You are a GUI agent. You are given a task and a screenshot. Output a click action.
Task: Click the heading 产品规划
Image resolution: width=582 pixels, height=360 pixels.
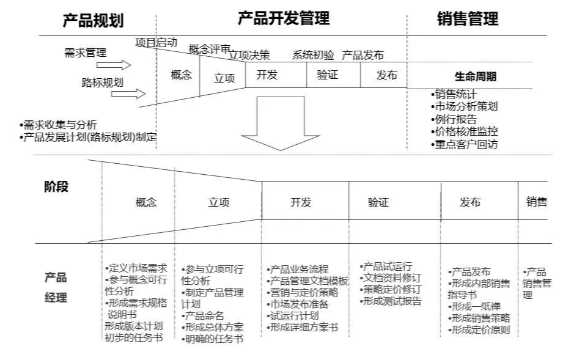click(93, 20)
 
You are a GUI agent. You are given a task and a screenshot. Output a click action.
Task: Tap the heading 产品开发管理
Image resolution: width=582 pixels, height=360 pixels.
click(283, 19)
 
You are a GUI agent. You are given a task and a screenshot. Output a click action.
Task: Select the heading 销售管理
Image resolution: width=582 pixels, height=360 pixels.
click(468, 19)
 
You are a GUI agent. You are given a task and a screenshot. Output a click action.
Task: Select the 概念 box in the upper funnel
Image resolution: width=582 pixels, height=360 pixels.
click(181, 76)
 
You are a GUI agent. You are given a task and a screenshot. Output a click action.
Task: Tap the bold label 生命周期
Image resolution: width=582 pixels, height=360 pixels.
click(475, 77)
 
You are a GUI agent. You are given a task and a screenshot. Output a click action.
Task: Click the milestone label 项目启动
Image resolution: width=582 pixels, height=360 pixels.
click(156, 42)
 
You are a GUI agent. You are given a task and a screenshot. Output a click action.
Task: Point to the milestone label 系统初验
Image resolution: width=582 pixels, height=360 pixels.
click(313, 55)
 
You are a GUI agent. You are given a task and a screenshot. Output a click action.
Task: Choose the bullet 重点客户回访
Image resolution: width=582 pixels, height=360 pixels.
click(464, 144)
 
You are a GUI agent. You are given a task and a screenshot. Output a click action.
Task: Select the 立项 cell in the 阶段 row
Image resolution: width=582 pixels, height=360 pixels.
click(218, 203)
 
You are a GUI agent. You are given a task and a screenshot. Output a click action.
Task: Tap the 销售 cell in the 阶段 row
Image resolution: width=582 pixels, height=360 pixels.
click(536, 202)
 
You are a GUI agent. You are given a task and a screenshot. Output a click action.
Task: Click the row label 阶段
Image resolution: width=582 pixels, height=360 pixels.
click(56, 188)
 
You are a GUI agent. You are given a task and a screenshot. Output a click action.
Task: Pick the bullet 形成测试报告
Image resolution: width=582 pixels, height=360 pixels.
click(391, 301)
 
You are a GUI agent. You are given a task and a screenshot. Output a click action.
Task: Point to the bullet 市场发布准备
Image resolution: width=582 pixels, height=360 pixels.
click(298, 304)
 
